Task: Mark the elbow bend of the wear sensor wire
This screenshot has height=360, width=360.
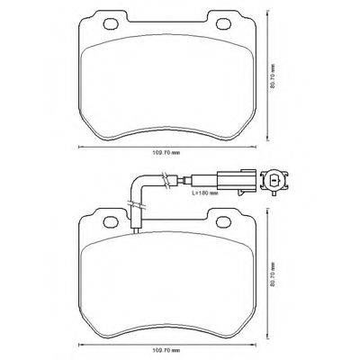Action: [137, 184]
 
